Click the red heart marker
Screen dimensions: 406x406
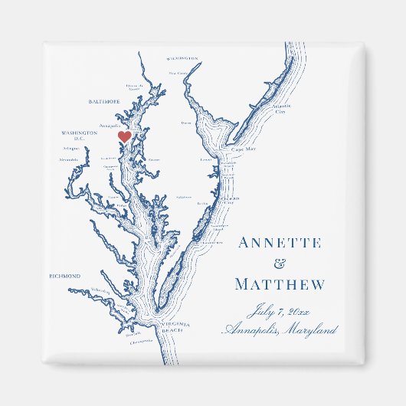124,137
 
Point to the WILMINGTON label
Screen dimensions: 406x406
182,57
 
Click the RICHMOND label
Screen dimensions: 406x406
64,276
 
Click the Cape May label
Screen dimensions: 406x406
244,149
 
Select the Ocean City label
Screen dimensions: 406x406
231,198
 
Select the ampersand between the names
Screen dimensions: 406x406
278,264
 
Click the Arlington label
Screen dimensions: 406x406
71,150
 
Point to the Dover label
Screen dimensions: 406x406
186,123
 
